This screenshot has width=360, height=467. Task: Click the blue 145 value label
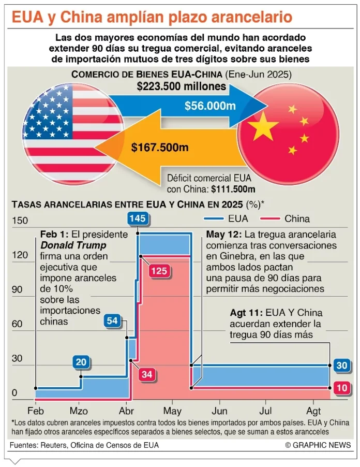click(x=138, y=218)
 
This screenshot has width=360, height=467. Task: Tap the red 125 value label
click(x=158, y=270)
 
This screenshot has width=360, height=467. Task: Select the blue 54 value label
click(x=112, y=320)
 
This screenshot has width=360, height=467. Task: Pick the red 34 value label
click(x=147, y=375)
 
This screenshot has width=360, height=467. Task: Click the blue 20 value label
click(x=81, y=362)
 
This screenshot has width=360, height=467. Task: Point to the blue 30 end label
click(x=342, y=366)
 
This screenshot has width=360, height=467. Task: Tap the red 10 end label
click(x=342, y=388)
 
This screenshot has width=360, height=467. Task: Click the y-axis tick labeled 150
click(x=20, y=221)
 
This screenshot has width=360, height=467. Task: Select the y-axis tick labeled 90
click(x=18, y=289)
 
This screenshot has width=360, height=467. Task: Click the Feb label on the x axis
click(x=36, y=411)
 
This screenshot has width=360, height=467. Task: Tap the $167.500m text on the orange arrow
click(x=160, y=148)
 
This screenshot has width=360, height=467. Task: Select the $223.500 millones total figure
click(x=182, y=86)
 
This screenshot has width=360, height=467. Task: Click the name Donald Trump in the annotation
click(x=73, y=245)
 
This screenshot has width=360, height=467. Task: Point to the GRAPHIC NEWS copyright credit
click(x=318, y=445)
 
